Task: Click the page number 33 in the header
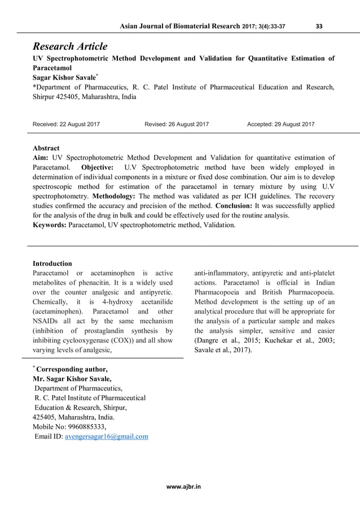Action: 319,25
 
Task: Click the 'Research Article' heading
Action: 70,46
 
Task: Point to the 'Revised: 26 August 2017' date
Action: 177,124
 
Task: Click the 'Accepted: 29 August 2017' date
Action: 281,124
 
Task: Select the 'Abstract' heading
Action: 46,148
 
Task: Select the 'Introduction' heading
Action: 52,263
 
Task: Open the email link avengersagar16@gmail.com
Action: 107,437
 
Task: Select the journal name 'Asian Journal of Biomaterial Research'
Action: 177,25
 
